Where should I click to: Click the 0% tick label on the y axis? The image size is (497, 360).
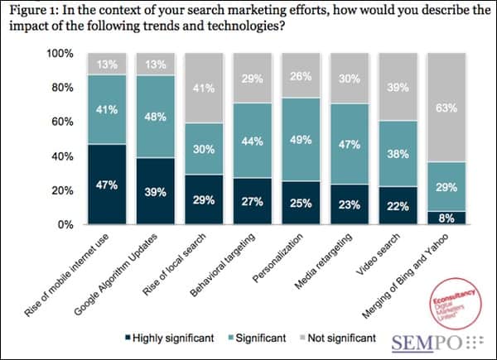(x=66, y=225)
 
